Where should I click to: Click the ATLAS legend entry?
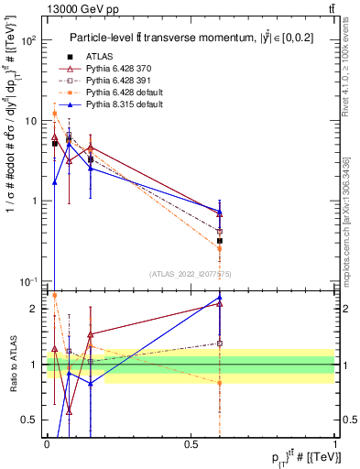pyautogui.click(x=102, y=57)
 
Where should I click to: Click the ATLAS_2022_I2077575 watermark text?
pyautogui.click(x=191, y=272)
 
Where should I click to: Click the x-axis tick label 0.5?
pyautogui.click(x=191, y=445)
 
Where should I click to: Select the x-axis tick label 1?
pyautogui.click(x=335, y=445)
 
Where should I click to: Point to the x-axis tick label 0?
pyautogui.click(x=46, y=445)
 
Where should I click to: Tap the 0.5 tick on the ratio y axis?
pyautogui.click(x=28, y=420)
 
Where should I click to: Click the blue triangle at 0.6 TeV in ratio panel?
pyautogui.click(x=220, y=298)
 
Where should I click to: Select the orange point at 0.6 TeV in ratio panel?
pyautogui.click(x=220, y=383)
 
